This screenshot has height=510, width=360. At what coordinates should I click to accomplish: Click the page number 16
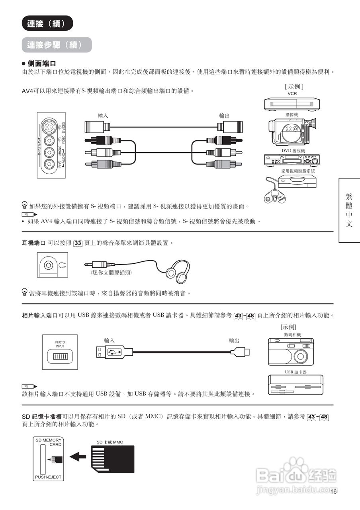pyautogui.click(x=333, y=491)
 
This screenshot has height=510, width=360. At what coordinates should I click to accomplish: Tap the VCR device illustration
pyautogui.click(x=292, y=104)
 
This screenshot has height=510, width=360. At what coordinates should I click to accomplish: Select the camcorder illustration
pyautogui.click(x=293, y=132)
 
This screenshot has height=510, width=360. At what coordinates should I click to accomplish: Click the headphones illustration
pyautogui.click(x=178, y=269)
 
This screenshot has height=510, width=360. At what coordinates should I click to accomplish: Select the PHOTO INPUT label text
pyautogui.click(x=60, y=344)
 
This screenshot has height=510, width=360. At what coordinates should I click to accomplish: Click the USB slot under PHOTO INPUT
pyautogui.click(x=60, y=356)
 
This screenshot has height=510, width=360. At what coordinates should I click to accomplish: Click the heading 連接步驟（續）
pyautogui.click(x=57, y=45)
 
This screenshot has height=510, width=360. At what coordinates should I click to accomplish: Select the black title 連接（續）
pyautogui.click(x=47, y=24)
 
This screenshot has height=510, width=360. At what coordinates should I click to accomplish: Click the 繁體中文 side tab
pyautogui.click(x=349, y=210)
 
